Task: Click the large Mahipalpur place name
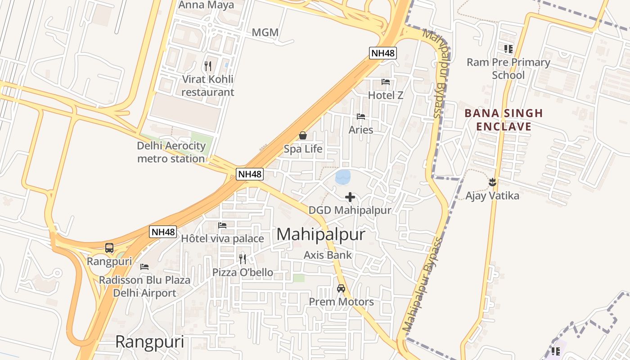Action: (321, 234)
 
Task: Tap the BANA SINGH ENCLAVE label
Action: (504, 120)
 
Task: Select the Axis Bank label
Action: (328, 255)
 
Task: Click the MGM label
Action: (265, 32)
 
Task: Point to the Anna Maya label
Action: (207, 5)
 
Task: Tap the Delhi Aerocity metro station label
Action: (171, 152)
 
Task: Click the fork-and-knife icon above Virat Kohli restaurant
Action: (207, 66)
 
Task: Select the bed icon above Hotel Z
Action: (386, 82)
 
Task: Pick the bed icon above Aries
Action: (360, 117)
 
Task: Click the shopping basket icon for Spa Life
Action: (303, 135)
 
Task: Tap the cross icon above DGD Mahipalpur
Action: (350, 197)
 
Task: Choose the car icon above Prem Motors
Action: (341, 288)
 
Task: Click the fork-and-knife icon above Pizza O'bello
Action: (242, 259)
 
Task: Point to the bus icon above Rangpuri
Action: (109, 248)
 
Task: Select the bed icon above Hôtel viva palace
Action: (222, 225)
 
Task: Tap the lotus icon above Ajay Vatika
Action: (492, 182)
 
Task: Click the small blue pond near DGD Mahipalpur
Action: (343, 177)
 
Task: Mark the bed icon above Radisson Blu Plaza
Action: (144, 267)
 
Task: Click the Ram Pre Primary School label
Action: (508, 68)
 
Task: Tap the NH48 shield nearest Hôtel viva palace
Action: (163, 232)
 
